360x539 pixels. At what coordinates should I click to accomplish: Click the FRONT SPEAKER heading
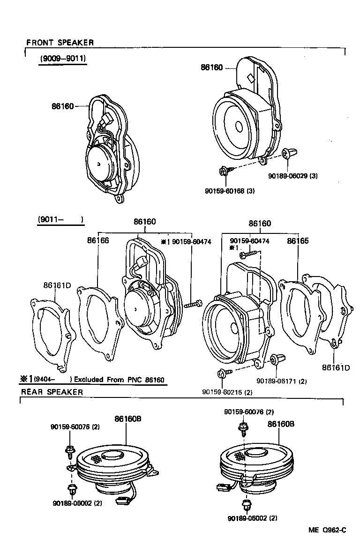(x=60, y=43)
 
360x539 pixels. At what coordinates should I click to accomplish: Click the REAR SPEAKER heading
(x=52, y=392)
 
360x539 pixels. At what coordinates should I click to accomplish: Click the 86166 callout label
(x=97, y=240)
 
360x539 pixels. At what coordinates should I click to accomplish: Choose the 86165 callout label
(x=298, y=241)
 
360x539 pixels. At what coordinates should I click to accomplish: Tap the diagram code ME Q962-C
(x=327, y=530)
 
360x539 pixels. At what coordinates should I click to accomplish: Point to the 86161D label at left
(x=57, y=285)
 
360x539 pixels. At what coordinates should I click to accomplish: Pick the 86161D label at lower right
(x=336, y=367)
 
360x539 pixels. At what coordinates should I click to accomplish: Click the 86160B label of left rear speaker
(x=128, y=419)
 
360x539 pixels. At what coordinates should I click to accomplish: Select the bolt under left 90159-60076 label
(x=69, y=451)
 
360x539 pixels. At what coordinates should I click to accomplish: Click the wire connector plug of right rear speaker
(x=222, y=487)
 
